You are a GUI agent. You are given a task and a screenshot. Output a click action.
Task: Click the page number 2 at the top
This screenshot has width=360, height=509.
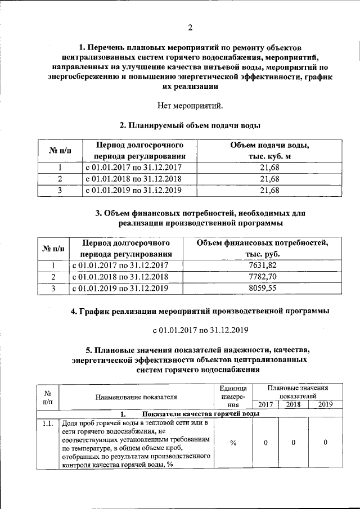(190, 28)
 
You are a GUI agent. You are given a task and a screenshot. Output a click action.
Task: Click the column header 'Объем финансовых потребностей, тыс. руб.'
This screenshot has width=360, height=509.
(262, 249)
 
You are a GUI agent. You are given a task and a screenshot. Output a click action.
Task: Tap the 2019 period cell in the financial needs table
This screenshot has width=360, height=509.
(120, 289)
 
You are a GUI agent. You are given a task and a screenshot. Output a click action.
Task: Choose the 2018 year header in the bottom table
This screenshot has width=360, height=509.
(294, 404)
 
